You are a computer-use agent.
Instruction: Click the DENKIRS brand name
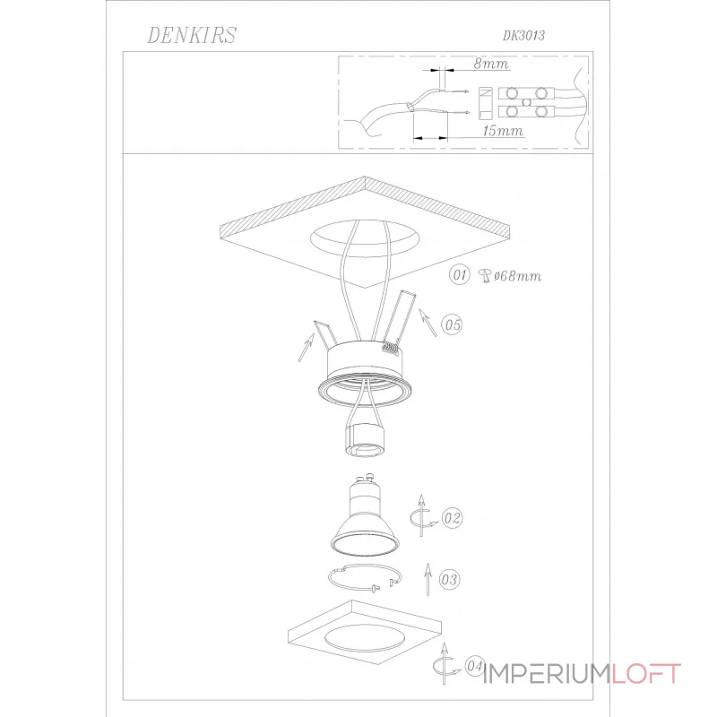192,35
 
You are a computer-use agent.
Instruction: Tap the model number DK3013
524,36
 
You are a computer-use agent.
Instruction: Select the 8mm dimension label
490,63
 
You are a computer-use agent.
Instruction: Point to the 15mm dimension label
503,130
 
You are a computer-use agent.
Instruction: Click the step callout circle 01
459,275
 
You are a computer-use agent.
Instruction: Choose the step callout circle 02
453,518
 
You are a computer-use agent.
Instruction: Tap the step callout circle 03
449,579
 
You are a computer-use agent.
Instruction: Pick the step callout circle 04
475,666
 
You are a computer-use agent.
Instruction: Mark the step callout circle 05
452,324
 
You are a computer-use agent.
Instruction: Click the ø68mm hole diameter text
518,276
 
